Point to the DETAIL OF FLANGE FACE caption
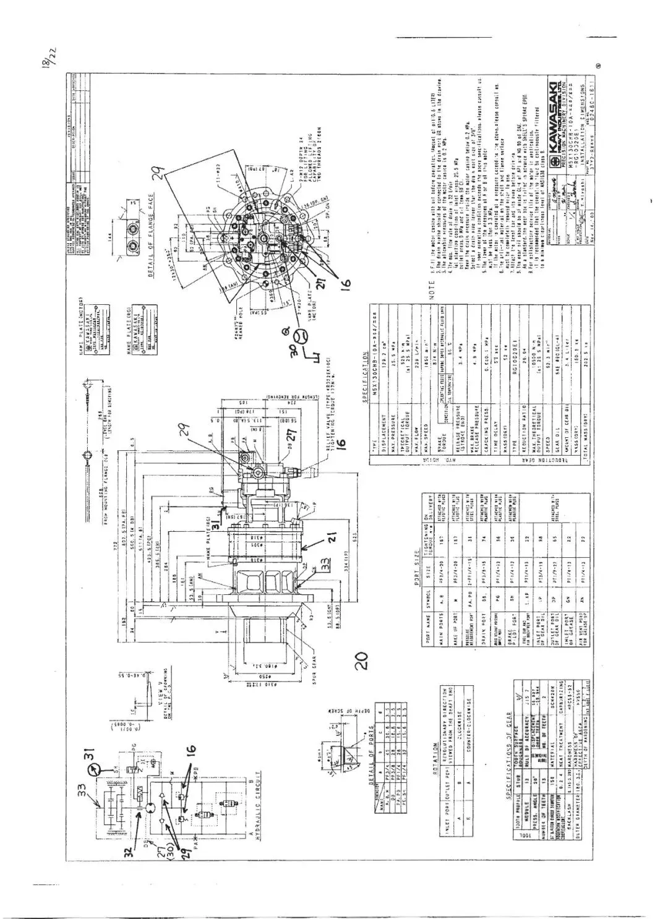pyautogui.click(x=151, y=246)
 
